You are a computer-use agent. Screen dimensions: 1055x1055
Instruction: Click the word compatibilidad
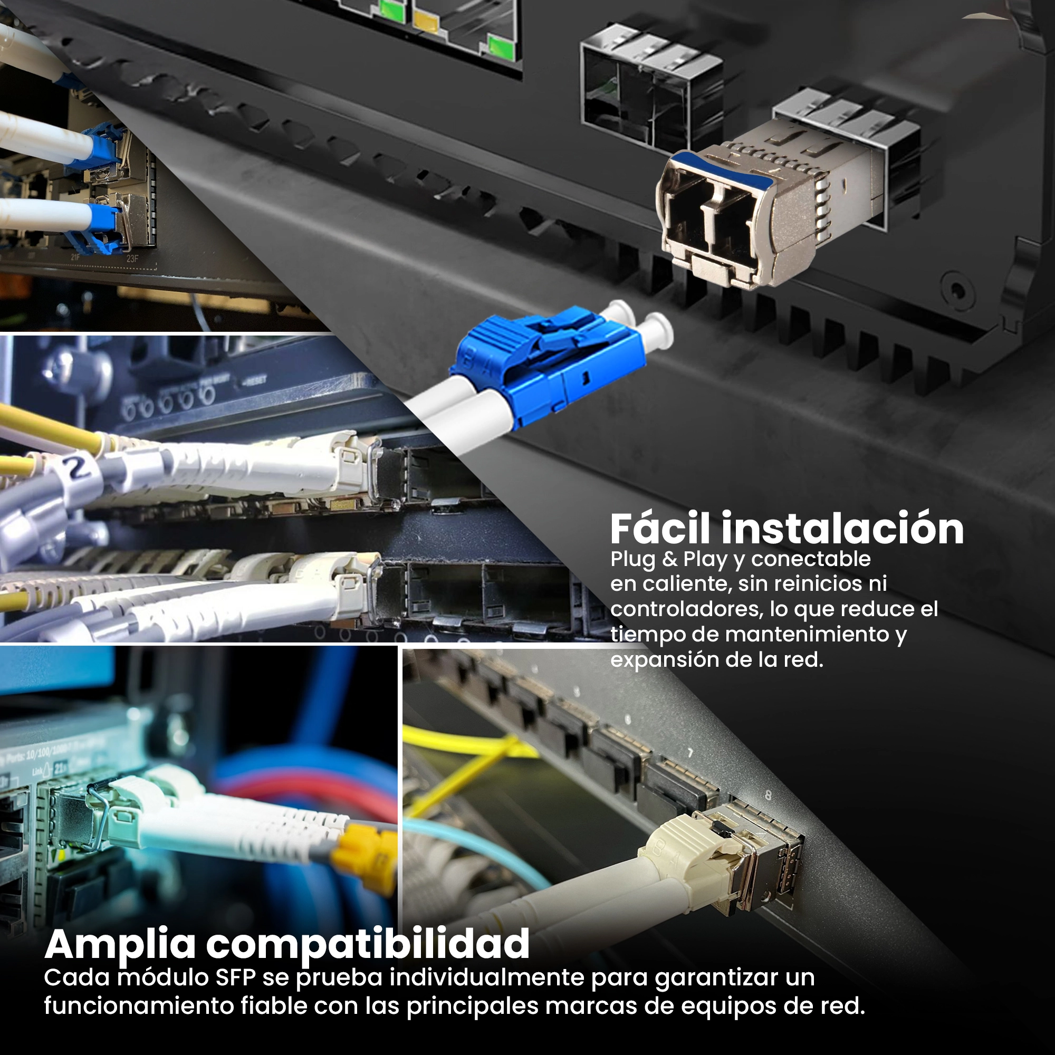point(368,944)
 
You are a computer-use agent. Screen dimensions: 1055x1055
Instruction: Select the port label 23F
point(133,258)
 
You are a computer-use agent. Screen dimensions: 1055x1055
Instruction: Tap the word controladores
point(686,609)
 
